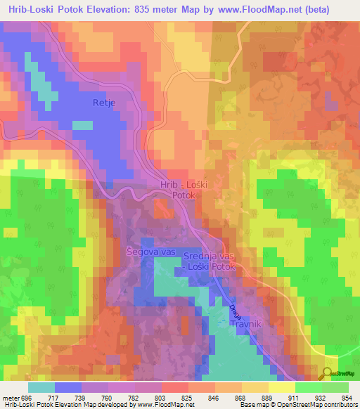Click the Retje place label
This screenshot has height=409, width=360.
coord(103,103)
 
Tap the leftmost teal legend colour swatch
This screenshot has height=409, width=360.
coord(41,387)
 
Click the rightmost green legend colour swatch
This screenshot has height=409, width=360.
coord(335,387)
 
